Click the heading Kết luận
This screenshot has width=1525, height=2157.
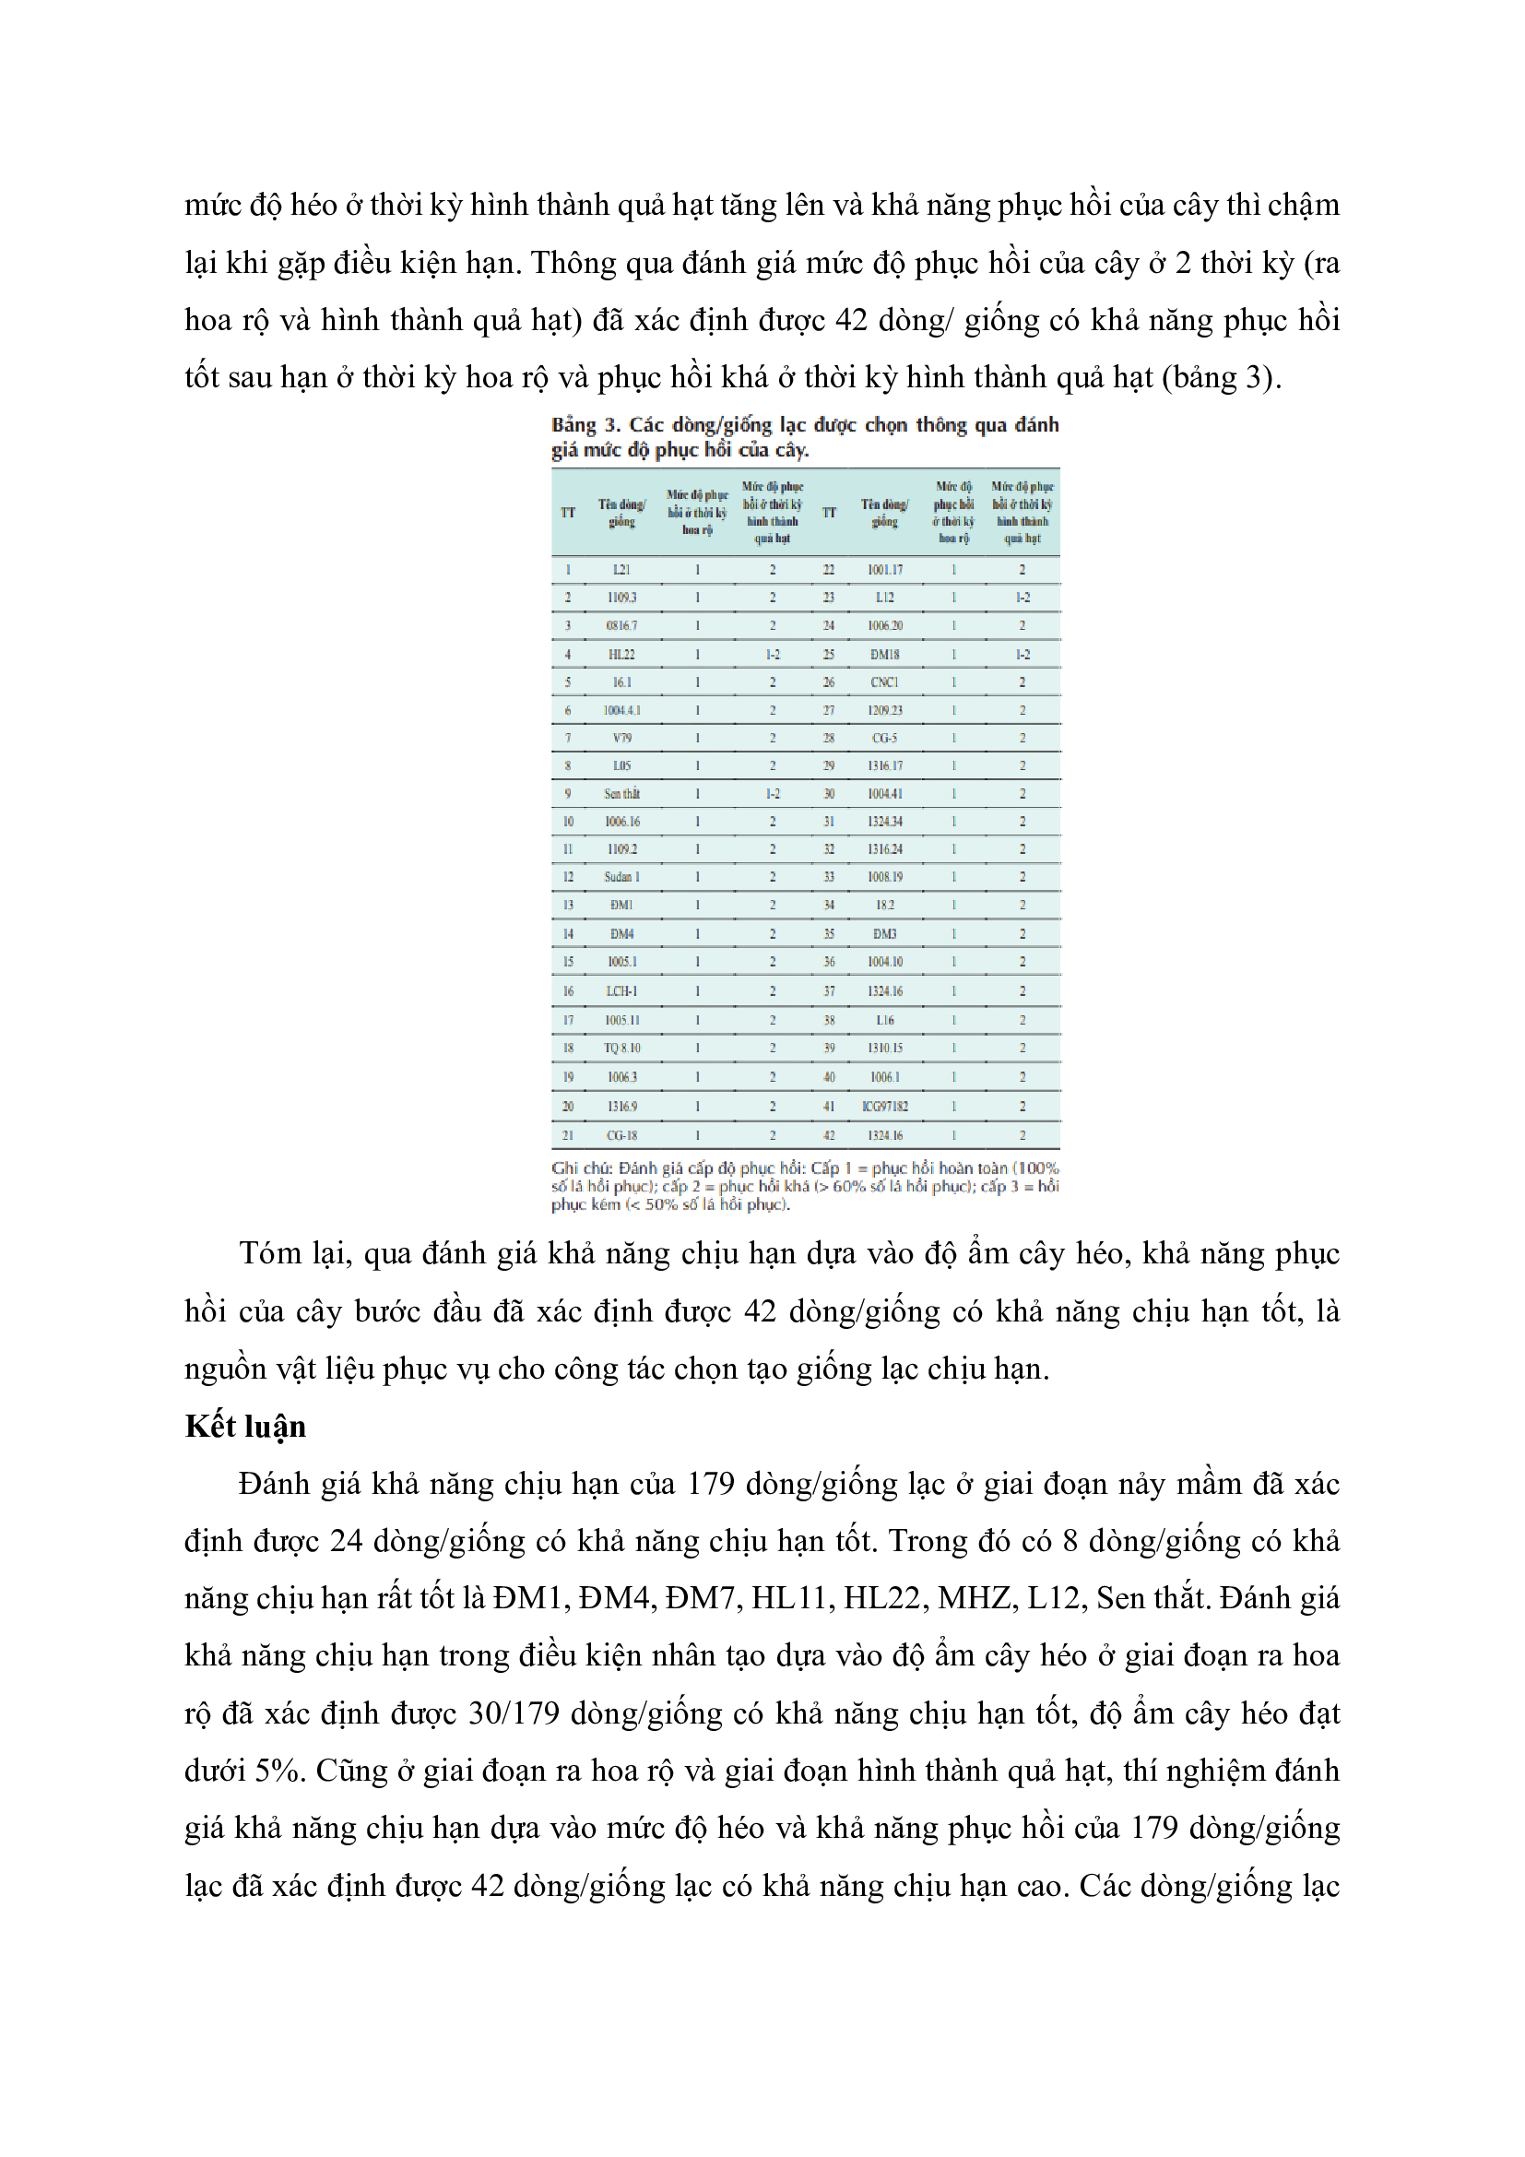point(245,1427)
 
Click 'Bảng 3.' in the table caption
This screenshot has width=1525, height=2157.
point(585,424)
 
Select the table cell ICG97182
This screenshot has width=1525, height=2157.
point(884,1107)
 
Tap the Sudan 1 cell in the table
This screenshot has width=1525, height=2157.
point(621,877)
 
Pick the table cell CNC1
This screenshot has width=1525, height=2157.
point(884,682)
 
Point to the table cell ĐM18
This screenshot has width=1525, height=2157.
point(884,654)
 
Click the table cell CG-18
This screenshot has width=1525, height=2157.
point(621,1136)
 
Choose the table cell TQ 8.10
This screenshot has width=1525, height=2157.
point(621,1049)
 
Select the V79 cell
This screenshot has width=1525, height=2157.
point(621,739)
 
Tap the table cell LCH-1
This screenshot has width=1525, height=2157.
point(621,991)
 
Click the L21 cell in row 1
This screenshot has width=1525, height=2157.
point(621,570)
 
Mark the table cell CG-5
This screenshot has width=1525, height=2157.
point(884,739)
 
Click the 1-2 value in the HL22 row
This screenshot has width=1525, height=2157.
point(772,654)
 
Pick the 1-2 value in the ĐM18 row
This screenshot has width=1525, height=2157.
point(1023,654)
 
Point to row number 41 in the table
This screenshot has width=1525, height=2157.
point(829,1107)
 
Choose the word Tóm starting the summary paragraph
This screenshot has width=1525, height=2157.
point(269,1255)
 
